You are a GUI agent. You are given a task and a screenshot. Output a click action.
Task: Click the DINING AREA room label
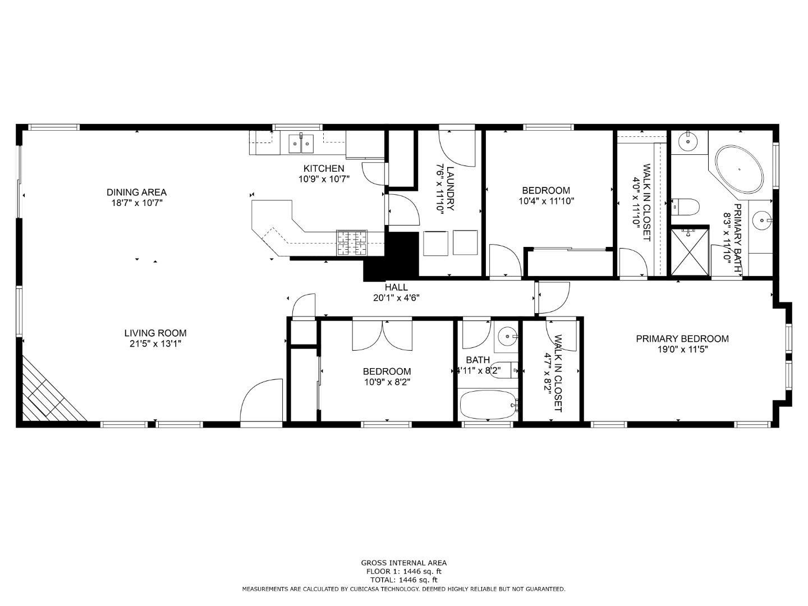coord(136,192)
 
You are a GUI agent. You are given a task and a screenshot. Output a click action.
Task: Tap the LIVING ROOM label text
coord(155,333)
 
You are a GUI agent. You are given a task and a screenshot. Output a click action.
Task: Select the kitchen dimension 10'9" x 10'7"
coord(324,180)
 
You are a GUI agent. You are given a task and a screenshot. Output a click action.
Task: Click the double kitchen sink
coord(301,144)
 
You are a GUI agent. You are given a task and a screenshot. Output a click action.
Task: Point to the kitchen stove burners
coord(352,243)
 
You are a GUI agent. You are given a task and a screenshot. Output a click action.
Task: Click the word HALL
coord(396,287)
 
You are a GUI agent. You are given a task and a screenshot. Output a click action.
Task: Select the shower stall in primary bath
coord(690,251)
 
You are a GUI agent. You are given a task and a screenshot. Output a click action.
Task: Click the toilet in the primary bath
coord(685,207)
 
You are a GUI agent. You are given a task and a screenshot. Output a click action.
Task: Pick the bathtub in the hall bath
coord(487,405)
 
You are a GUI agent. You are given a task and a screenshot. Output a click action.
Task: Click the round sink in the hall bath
coord(508,337)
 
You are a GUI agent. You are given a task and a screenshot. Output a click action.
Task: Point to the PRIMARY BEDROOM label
coord(682,339)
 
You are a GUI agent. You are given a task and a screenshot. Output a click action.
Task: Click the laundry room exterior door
coord(457,144)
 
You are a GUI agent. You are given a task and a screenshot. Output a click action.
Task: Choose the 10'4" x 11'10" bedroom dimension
coord(545,201)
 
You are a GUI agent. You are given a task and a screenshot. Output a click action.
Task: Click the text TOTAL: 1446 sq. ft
coord(403,580)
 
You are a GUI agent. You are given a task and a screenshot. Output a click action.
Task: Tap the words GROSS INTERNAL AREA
coord(403,563)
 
